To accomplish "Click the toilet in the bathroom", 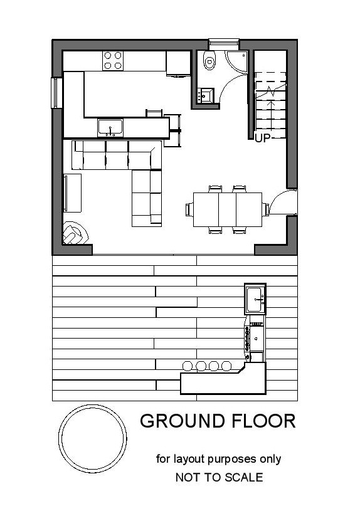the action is pos(209,60).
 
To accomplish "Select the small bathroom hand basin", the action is pos(206,96).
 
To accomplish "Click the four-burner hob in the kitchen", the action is pos(113,61).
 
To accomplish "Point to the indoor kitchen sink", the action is pos(110,128).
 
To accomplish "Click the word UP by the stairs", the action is pos(263,139).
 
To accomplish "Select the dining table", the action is pos(228,209).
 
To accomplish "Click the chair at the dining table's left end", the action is pos(189,209).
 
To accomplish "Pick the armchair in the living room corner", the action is pos(75,233).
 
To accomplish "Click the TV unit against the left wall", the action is pos(72,193).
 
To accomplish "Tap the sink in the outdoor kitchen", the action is pos(255,299).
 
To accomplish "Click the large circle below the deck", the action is pos(93,439).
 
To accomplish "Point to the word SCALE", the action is pos(244,477).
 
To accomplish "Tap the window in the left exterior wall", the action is pos(56,93).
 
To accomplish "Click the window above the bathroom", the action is pos(224,43).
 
